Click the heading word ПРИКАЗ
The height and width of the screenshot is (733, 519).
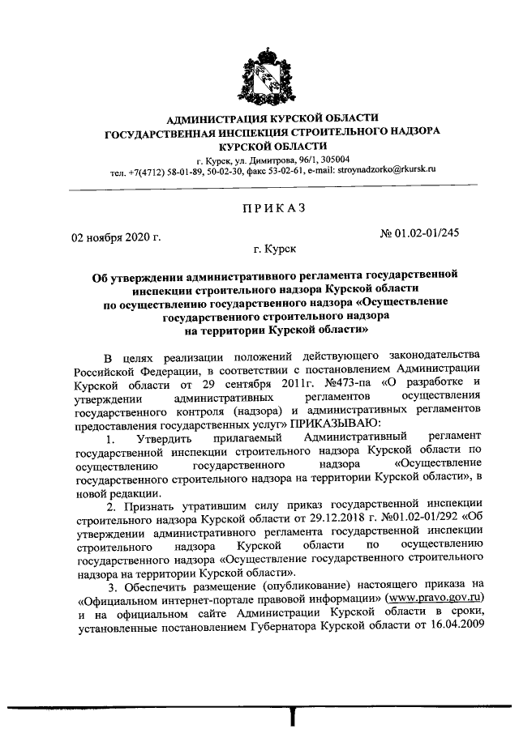[x=272, y=208]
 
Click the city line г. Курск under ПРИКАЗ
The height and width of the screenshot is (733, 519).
[x=273, y=252]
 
